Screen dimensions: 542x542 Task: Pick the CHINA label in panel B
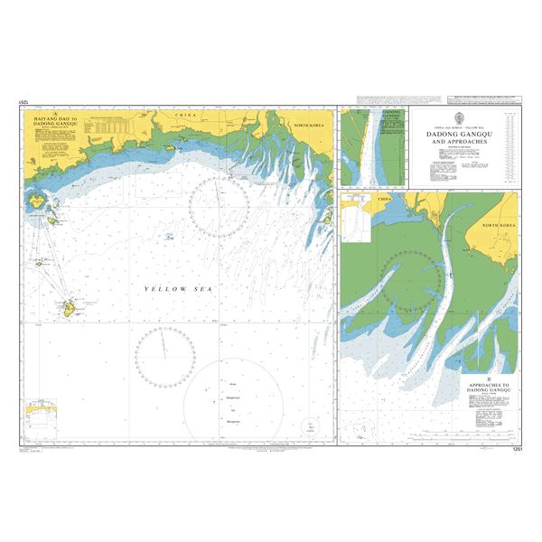pyautogui.click(x=387, y=197)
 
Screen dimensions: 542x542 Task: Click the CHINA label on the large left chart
pyautogui.click(x=185, y=116)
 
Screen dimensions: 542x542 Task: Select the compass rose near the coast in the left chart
pyautogui.click(x=219, y=207)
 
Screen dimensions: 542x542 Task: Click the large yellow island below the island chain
pyautogui.click(x=68, y=309)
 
